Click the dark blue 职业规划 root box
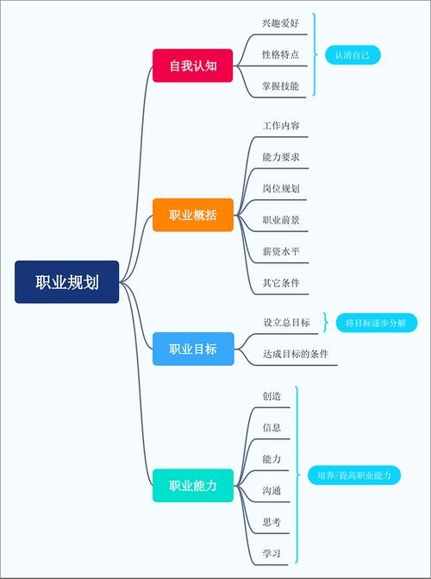pyautogui.click(x=66, y=282)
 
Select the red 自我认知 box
pyautogui.click(x=192, y=66)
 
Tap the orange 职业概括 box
pyautogui.click(x=193, y=215)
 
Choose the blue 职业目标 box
pyautogui.click(x=193, y=349)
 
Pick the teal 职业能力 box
pyautogui.click(x=193, y=486)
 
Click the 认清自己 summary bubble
pyautogui.click(x=353, y=55)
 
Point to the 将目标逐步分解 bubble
pyautogui.click(x=376, y=323)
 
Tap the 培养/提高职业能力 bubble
pyautogui.click(x=354, y=475)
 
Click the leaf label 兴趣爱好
pyautogui.click(x=281, y=23)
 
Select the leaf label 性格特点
pyautogui.click(x=281, y=54)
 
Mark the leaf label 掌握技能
pyautogui.click(x=281, y=86)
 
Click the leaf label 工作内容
pyautogui.click(x=281, y=125)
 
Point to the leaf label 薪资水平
pyautogui.click(x=281, y=251)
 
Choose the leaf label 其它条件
pyautogui.click(x=281, y=283)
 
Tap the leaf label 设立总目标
pyautogui.click(x=287, y=323)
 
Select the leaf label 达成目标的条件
pyautogui.click(x=296, y=354)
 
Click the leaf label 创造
pyautogui.click(x=272, y=396)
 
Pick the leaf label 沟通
pyautogui.click(x=272, y=490)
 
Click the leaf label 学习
pyautogui.click(x=272, y=553)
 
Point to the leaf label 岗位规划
pyautogui.click(x=281, y=188)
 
